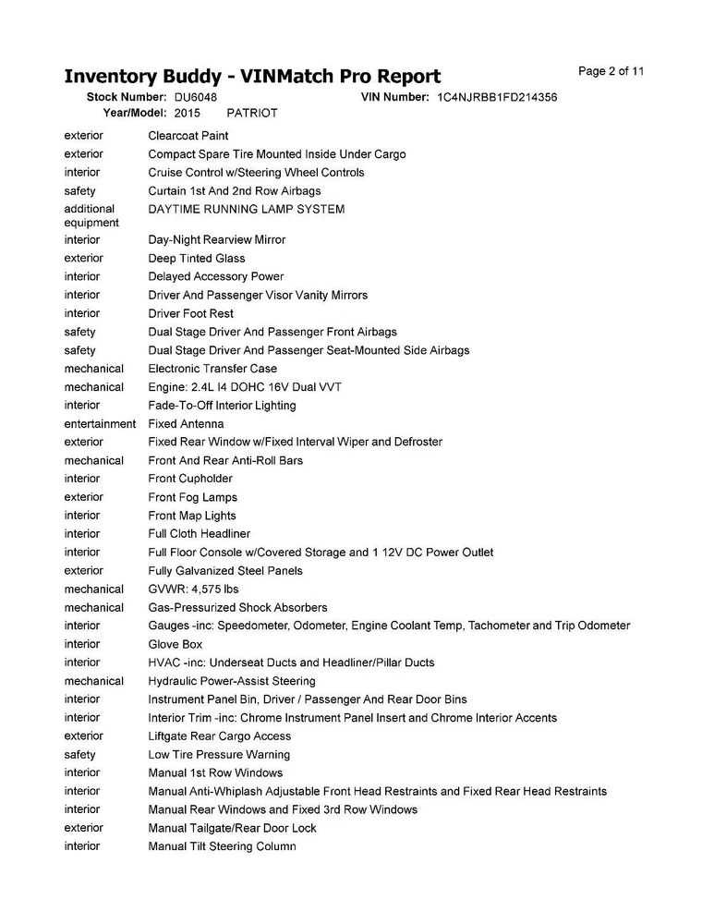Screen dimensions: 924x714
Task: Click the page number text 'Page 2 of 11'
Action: pos(611,71)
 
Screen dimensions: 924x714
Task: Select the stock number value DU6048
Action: pos(196,97)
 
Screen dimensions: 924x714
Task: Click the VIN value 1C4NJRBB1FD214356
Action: pos(497,97)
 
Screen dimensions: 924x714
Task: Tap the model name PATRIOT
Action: pos(252,113)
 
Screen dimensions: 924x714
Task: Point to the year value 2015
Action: pos(187,113)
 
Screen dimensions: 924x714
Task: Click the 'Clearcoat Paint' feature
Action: pos(188,136)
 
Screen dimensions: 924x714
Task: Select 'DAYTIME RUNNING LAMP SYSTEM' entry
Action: pos(247,209)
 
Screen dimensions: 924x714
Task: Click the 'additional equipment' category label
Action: pos(91,215)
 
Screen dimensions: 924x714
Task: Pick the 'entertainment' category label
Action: pos(100,423)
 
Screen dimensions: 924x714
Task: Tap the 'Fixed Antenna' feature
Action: pos(186,423)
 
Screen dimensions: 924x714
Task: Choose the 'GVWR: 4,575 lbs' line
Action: pos(193,589)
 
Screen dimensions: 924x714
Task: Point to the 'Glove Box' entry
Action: pos(175,644)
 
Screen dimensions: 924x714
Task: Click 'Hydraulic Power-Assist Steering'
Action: pos(232,681)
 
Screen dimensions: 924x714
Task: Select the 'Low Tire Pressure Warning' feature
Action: pos(219,754)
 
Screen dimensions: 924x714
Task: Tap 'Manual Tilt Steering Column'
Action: pos(222,846)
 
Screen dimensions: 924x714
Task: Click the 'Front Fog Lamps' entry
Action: pos(193,497)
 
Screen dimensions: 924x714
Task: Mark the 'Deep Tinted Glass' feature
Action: pos(197,258)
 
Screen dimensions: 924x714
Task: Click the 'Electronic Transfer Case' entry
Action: pos(212,368)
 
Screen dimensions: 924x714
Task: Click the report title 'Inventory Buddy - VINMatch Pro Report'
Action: pos(252,76)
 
